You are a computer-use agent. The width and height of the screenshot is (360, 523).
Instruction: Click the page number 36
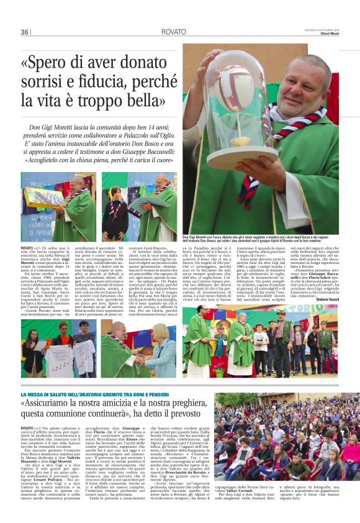[x=24, y=32]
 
